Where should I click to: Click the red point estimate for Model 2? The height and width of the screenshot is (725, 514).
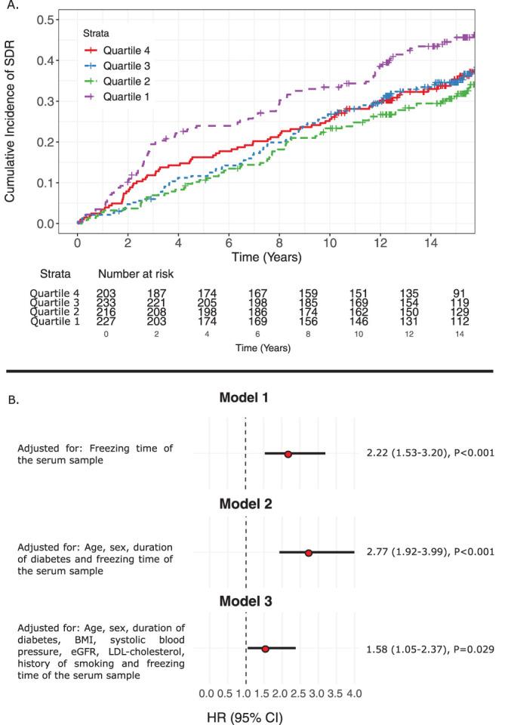coord(308,553)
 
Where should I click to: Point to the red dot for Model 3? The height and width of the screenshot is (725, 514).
coord(265,649)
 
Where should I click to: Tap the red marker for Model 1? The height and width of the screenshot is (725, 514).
coord(288,454)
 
